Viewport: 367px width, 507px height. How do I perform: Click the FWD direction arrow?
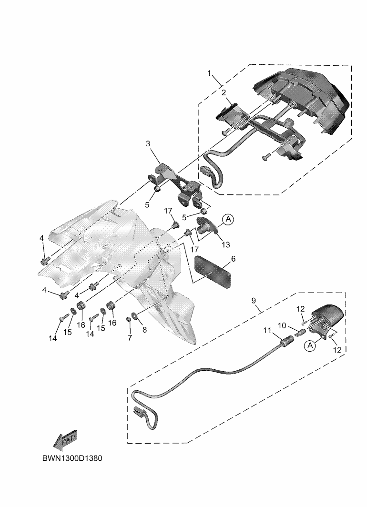[65, 440]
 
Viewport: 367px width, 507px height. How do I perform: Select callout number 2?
[223, 92]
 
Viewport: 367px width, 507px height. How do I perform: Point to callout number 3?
[148, 143]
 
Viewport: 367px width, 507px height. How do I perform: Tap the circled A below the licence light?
[310, 346]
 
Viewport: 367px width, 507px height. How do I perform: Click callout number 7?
[129, 337]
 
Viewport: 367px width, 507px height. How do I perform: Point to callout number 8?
[144, 328]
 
